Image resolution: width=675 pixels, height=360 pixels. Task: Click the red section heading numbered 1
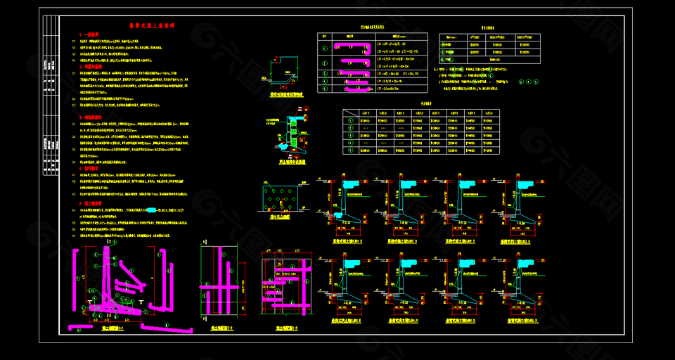pyautogui.click(x=91, y=33)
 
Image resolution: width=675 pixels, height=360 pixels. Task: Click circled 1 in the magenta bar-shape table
pyautogui.click(x=324, y=49)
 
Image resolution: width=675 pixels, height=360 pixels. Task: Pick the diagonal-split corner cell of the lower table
pyautogui.click(x=349, y=112)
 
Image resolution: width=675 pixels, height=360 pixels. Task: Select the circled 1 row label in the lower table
pyautogui.click(x=349, y=120)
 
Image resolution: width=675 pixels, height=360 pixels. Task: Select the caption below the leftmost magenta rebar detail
pyautogui.click(x=112, y=328)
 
